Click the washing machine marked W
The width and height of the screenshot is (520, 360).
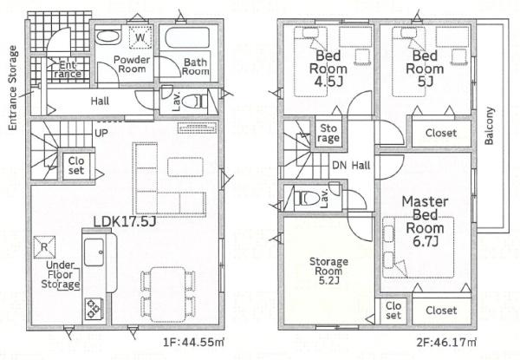[140, 36]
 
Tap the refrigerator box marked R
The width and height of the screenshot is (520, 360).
[44, 247]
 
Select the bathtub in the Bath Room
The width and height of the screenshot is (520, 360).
[187, 38]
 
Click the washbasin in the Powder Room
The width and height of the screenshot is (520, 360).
[107, 36]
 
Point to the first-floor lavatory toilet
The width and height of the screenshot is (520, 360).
[193, 101]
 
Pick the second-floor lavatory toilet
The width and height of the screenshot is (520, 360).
[307, 198]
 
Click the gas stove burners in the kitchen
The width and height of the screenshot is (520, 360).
[94, 309]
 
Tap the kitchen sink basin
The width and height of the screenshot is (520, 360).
[94, 252]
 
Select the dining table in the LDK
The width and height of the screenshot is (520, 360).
[168, 294]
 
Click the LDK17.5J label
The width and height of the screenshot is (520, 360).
[125, 222]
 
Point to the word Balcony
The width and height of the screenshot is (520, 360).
[489, 126]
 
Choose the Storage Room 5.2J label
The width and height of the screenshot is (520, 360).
[328, 271]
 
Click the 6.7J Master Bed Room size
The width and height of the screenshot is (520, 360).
[426, 241]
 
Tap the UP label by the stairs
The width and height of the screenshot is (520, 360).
[101, 134]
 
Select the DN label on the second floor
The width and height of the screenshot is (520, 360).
[339, 165]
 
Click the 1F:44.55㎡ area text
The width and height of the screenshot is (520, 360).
[193, 342]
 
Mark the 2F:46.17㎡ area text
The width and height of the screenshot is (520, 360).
[446, 342]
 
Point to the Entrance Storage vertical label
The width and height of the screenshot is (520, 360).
[12, 88]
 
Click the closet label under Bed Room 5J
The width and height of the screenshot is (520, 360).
[441, 133]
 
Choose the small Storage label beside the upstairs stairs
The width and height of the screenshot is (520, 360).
[328, 133]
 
